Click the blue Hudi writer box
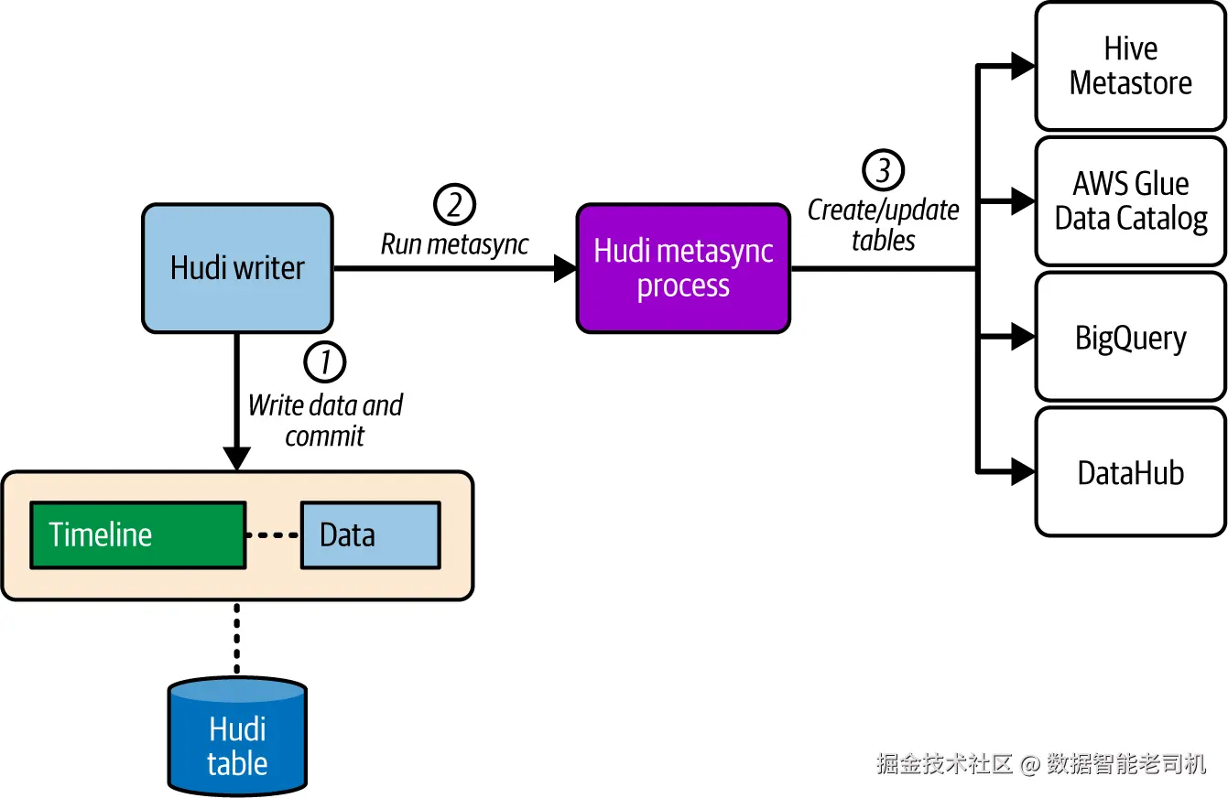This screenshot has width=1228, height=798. tap(237, 268)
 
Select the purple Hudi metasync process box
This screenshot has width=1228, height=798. tap(683, 268)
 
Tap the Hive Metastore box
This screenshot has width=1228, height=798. tap(1130, 66)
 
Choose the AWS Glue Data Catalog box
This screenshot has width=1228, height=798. tap(1130, 201)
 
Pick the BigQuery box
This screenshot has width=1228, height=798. tap(1130, 336)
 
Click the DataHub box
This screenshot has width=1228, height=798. tap(1130, 471)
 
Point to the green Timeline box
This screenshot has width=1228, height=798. tap(137, 535)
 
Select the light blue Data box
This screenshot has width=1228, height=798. tap(371, 535)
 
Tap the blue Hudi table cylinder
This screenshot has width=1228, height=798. tap(237, 737)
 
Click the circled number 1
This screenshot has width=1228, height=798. tap(324, 362)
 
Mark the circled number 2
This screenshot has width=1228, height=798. tap(454, 204)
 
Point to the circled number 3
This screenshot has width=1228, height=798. tap(883, 170)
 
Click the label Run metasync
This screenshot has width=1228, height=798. tap(454, 244)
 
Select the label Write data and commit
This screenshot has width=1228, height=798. tap(325, 421)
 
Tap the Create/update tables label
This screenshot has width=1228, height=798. tap(883, 225)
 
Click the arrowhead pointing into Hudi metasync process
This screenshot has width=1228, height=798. tap(565, 268)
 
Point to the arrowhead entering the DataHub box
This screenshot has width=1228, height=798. tap(1023, 471)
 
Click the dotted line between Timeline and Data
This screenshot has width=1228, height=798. tap(273, 535)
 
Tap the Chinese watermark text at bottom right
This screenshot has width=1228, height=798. tap(1041, 764)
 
